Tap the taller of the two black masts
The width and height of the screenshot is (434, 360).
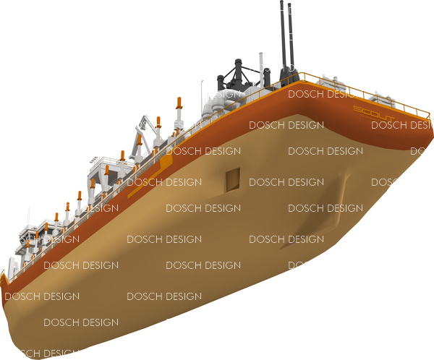(281, 36)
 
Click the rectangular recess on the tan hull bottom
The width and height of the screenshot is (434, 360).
(232, 179)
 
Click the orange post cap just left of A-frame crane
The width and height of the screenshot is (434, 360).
(122, 155)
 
